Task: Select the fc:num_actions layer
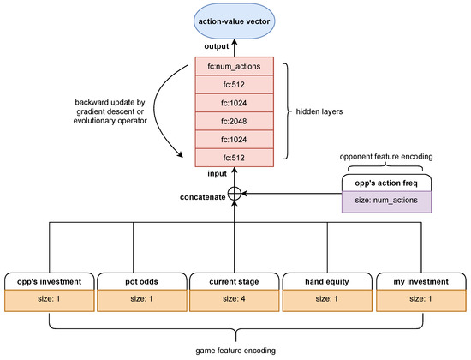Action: tap(235, 66)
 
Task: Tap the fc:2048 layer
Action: tap(235, 119)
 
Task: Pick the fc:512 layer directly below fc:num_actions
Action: tap(235, 84)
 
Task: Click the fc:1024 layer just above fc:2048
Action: tap(235, 102)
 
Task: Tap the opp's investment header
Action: tap(49, 279)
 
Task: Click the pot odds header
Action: tap(141, 279)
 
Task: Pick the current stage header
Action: tap(235, 279)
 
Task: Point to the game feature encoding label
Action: tap(235, 351)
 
